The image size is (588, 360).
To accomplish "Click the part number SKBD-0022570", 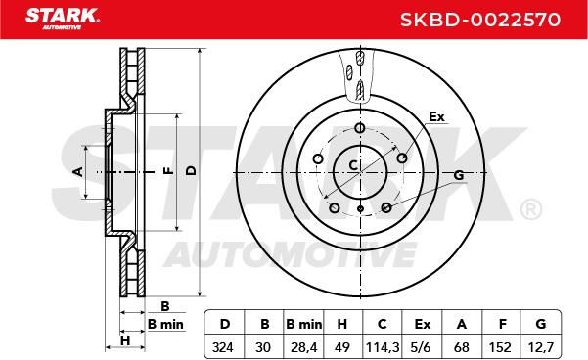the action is click(480, 20).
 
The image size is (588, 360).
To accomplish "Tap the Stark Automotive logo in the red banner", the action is click(63, 19).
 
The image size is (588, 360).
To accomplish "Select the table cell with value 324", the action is click(223, 347).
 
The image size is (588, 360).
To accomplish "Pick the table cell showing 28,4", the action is click(303, 347).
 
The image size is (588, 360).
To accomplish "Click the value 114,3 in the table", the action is click(382, 347).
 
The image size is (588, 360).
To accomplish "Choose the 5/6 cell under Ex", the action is click(421, 347).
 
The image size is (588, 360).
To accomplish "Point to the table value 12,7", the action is click(540, 347).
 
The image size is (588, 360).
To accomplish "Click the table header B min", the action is click(303, 324).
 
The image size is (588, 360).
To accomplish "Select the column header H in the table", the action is click(342, 324).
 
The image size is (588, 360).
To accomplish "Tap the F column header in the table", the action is click(503, 324).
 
